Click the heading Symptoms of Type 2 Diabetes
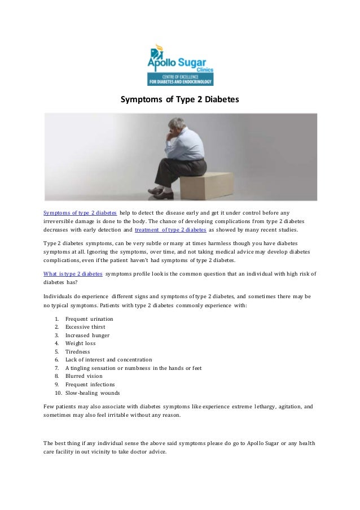pos(180,99)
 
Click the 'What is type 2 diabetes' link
pos(73,273)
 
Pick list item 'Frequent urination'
pos(89,319)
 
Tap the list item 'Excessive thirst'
pos(85,326)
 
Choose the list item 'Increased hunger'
pos(87,335)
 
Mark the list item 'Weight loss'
pos(80,343)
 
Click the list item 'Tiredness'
pos(77,351)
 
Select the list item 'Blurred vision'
pos(84,376)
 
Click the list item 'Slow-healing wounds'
pos(93,393)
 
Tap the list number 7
pos(57,368)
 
